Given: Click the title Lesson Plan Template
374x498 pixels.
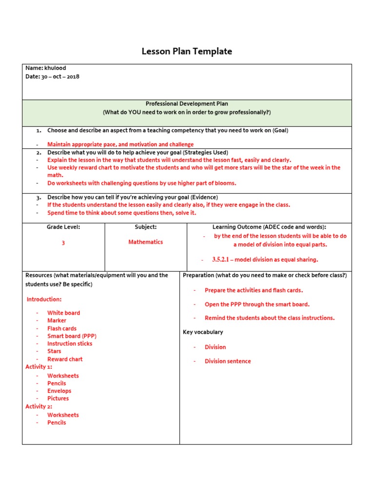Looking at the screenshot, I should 187,51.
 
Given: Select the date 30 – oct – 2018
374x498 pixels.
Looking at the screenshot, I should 60,77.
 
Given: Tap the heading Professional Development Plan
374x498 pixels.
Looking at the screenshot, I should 187,104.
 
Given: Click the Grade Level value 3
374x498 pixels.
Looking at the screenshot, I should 63,243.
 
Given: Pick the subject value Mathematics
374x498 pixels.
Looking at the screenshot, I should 146,242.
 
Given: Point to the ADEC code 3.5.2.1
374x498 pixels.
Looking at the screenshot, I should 221,259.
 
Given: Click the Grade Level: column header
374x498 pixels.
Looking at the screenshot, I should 63,227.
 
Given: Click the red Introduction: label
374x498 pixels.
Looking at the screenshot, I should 44,299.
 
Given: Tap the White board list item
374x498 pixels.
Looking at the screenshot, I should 63,313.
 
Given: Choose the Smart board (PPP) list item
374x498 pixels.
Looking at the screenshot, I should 72,336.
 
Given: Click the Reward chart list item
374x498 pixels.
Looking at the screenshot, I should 65,359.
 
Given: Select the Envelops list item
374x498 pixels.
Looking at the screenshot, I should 59,391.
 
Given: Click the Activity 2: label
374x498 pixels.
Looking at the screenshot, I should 38,406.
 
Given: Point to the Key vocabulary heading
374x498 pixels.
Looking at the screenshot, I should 203,332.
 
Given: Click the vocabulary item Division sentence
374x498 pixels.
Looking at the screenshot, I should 227,361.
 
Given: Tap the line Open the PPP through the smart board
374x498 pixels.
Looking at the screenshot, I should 257,304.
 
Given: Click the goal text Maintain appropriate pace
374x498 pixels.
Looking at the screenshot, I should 120,144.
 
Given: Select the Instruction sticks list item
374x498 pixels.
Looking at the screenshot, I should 70,343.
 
